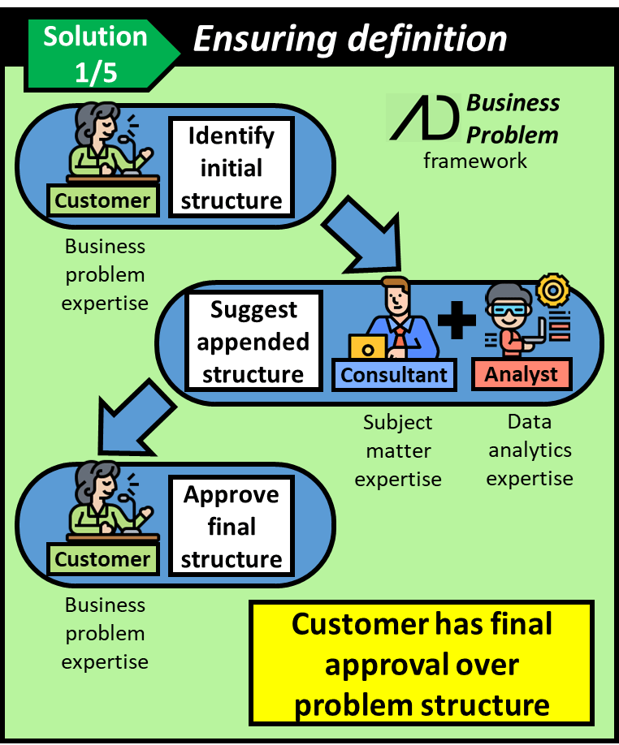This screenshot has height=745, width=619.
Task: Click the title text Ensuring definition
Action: (349, 38)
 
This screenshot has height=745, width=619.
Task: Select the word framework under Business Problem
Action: (475, 161)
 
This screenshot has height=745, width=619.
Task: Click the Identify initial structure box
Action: (231, 168)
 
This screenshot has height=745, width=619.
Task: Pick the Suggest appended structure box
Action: (253, 342)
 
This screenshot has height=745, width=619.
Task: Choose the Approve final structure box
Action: (231, 527)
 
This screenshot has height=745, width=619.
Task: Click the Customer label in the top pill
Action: (102, 200)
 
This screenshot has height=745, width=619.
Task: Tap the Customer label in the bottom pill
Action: (102, 559)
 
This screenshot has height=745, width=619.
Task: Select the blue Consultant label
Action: (395, 374)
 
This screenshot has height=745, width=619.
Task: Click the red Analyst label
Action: (522, 374)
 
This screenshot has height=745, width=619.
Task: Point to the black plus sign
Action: (457, 321)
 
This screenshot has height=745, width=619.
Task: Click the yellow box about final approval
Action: (421, 664)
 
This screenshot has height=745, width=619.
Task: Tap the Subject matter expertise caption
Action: (398, 450)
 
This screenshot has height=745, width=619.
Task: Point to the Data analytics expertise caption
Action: (529, 450)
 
